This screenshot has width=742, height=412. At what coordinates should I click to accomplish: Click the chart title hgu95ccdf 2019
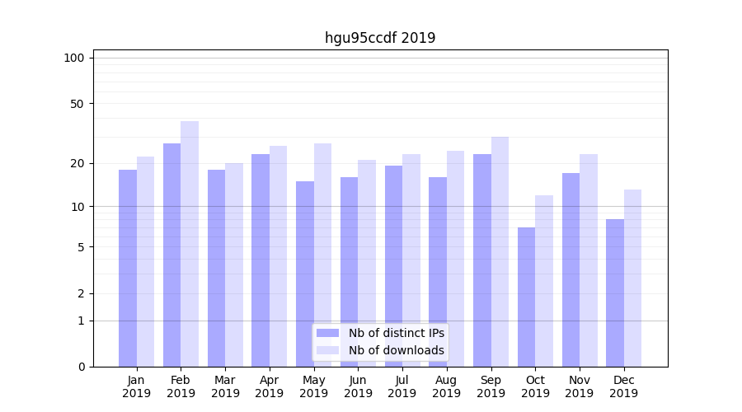[x=380, y=38]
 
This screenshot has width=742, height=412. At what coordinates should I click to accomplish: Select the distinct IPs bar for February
[x=172, y=255]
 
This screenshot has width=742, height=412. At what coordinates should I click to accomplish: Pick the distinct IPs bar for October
[x=526, y=297]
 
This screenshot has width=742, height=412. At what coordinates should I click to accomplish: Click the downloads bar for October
[x=544, y=281]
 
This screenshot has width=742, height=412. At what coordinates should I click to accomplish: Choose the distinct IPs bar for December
[x=615, y=293]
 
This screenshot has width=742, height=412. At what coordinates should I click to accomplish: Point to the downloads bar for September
[x=500, y=251]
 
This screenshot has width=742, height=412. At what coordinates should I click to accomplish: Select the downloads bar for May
[x=322, y=255]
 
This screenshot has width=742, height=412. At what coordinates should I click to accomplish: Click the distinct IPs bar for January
[x=128, y=268]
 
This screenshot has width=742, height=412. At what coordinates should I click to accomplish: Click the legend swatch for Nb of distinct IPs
[x=328, y=333]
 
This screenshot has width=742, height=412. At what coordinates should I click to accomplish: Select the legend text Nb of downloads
[x=397, y=350]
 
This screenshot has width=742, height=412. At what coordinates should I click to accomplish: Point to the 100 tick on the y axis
[x=74, y=58]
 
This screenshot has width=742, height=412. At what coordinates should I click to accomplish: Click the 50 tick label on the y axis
[x=77, y=104]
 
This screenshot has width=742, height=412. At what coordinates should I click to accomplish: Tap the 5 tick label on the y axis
[x=81, y=247]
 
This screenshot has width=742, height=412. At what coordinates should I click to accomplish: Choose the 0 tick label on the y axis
[x=81, y=367]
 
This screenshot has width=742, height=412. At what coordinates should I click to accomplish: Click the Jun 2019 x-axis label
[x=358, y=386]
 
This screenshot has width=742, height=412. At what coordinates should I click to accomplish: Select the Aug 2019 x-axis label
[x=447, y=386]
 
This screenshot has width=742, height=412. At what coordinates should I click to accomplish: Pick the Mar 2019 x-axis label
[x=225, y=386]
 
